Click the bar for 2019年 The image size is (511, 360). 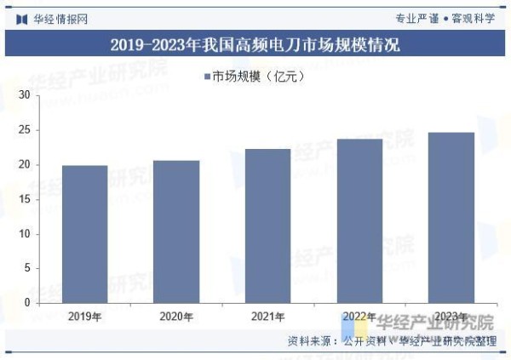pos(85,234)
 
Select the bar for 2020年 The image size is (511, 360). pos(176,231)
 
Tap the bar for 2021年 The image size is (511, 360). pos(268,226)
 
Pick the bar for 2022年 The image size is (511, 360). pos(359,220)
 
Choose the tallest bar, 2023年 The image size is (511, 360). pos(451,217)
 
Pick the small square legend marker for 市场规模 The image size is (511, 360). pos(207,77)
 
